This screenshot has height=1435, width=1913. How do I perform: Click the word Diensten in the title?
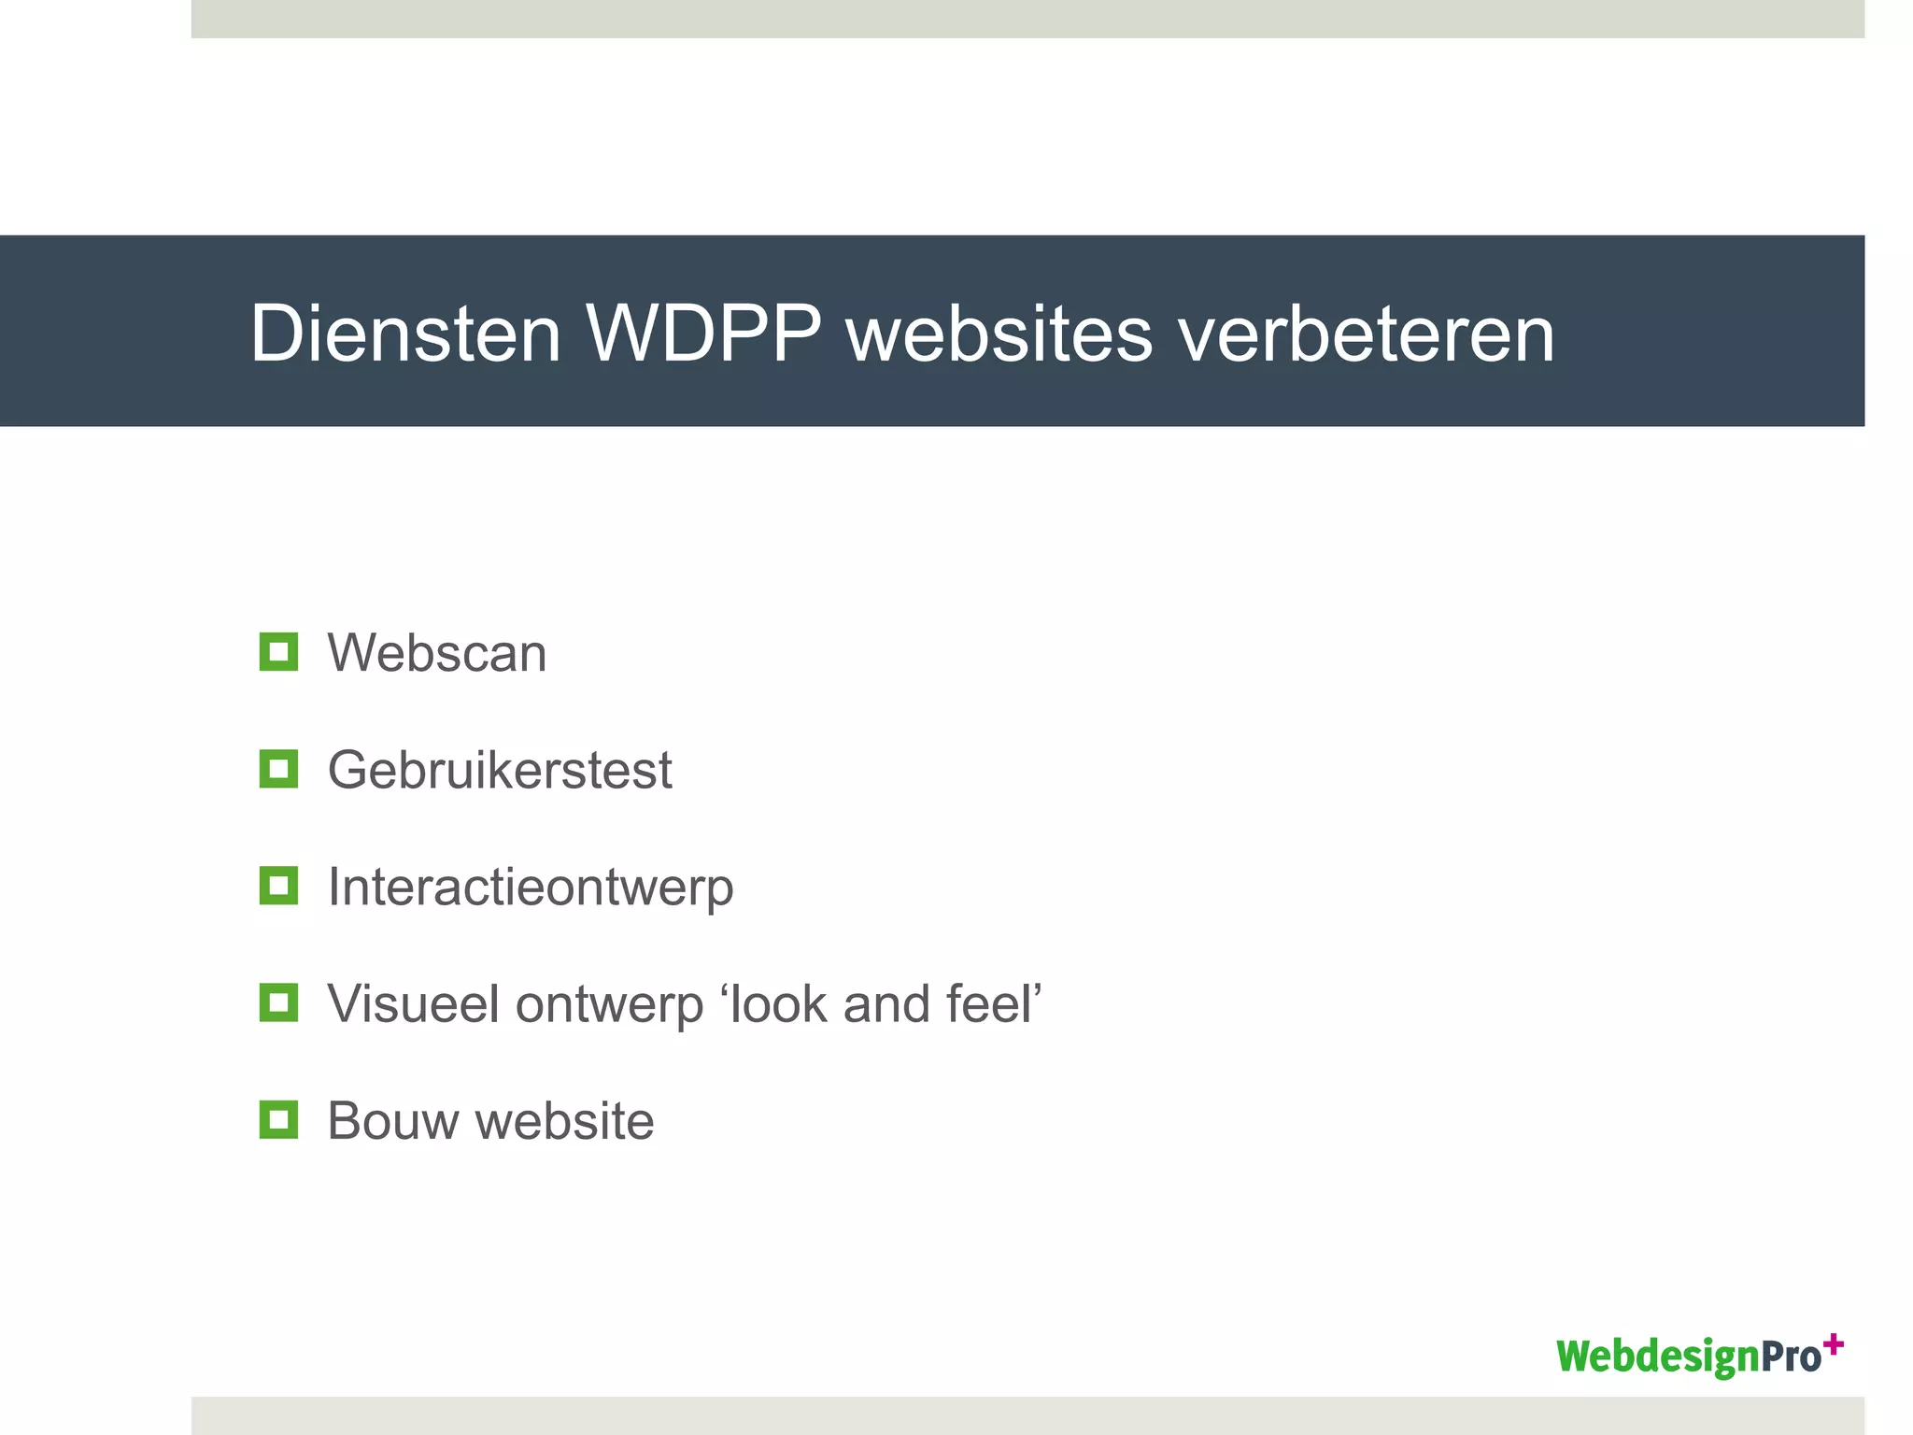(405, 334)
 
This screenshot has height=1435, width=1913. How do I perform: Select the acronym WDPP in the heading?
(703, 334)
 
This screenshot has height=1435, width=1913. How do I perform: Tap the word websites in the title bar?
(999, 334)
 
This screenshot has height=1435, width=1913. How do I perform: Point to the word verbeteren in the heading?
(1367, 334)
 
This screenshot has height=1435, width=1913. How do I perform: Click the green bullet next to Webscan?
(278, 652)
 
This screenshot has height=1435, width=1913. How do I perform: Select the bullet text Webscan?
(436, 653)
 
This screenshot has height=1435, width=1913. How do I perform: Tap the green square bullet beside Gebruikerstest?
(278, 769)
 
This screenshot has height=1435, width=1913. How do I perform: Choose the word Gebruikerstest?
(500, 771)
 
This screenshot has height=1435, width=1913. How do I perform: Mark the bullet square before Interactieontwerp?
(278, 886)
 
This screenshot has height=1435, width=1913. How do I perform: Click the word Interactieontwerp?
(531, 888)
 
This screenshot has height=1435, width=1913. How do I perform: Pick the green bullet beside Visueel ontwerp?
(278, 1002)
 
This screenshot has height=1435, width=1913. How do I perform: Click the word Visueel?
(413, 1004)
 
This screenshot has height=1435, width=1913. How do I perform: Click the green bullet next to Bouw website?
(278, 1119)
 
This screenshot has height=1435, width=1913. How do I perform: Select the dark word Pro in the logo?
(1791, 1357)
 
